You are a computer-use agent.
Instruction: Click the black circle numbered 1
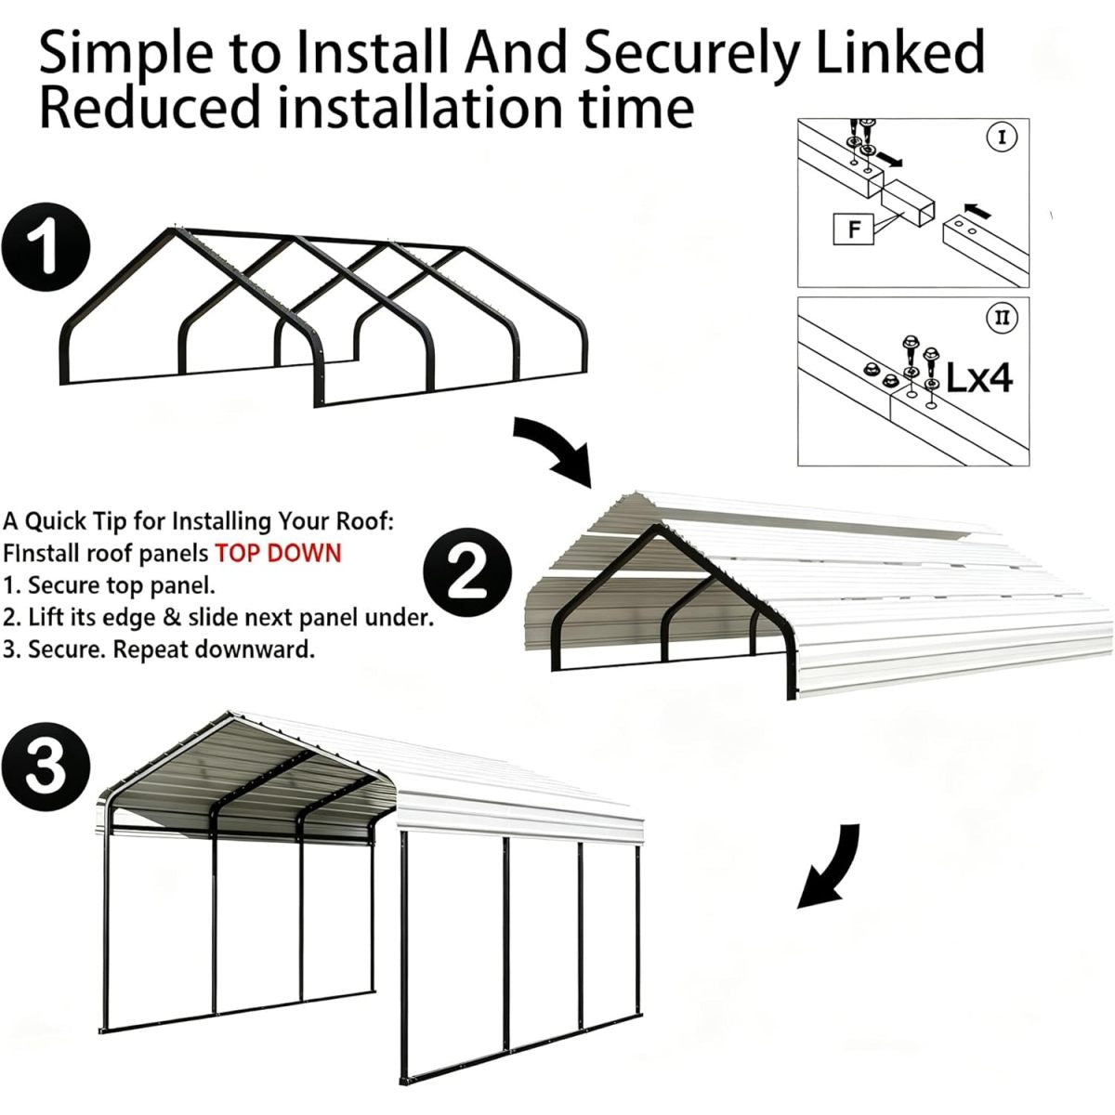point(46,246)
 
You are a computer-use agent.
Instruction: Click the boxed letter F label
point(854,230)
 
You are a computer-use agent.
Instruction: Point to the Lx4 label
point(979,378)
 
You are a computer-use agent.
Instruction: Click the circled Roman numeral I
point(1003,138)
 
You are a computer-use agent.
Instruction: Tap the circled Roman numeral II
point(1003,317)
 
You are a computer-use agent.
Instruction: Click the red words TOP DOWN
point(279,553)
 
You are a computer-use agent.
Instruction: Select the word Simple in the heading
point(127,54)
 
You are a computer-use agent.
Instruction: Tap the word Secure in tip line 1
point(64,585)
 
